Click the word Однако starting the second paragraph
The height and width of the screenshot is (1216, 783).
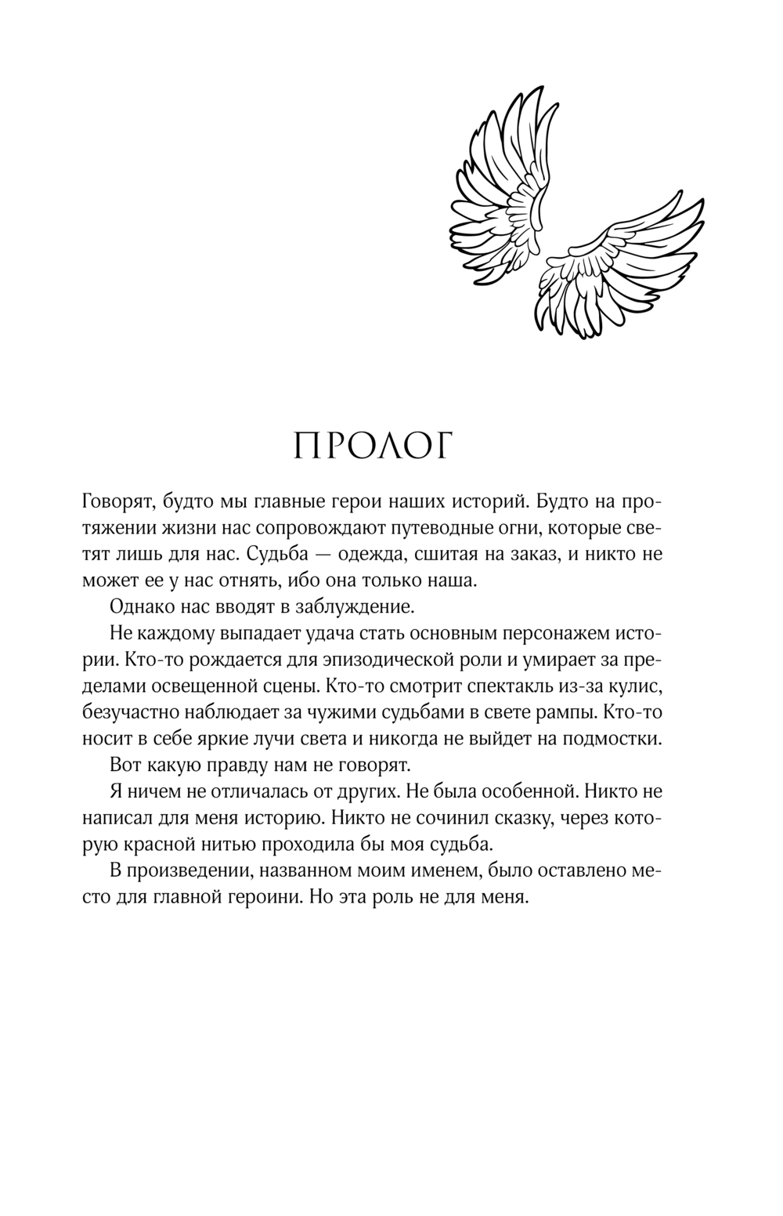click(x=143, y=606)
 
